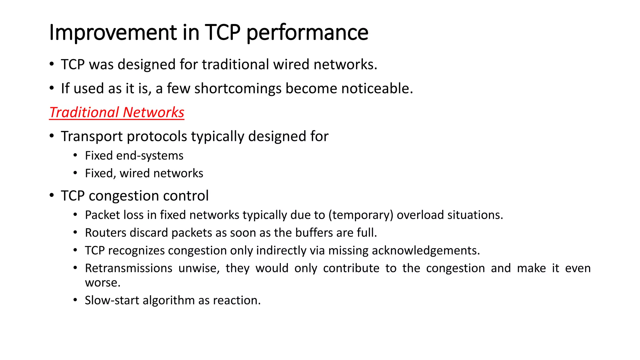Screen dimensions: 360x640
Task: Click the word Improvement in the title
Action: click(113, 32)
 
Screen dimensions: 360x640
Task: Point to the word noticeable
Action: click(377, 88)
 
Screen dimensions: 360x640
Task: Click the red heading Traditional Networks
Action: click(117, 112)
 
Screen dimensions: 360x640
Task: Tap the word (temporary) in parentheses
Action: click(361, 215)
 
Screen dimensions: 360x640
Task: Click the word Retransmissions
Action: click(128, 268)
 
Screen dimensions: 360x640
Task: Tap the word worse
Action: click(102, 283)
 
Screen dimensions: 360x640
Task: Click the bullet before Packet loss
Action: click(75, 215)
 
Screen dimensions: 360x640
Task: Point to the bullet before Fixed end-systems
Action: click(75, 156)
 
